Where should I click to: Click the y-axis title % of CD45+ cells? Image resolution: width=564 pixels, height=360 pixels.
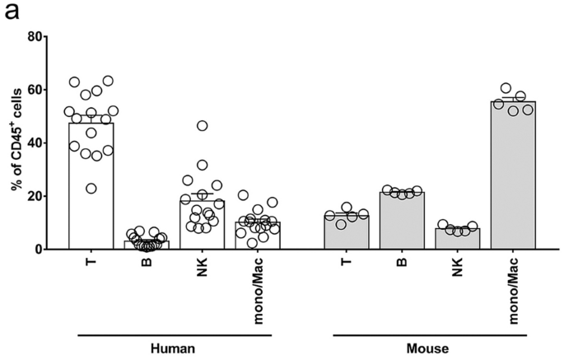coord(16,142)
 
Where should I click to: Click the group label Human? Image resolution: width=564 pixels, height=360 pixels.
coord(175,348)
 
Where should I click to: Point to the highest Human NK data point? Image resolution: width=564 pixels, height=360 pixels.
coord(203,126)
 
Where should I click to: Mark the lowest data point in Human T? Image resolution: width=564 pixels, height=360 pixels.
coord(91,189)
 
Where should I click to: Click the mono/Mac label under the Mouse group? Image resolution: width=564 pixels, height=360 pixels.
coord(514,284)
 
